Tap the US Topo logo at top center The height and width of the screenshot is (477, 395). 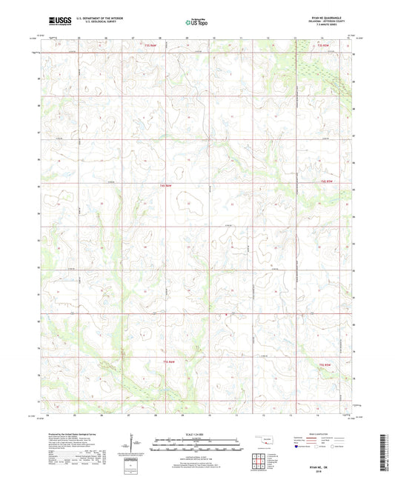coord(196,23)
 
